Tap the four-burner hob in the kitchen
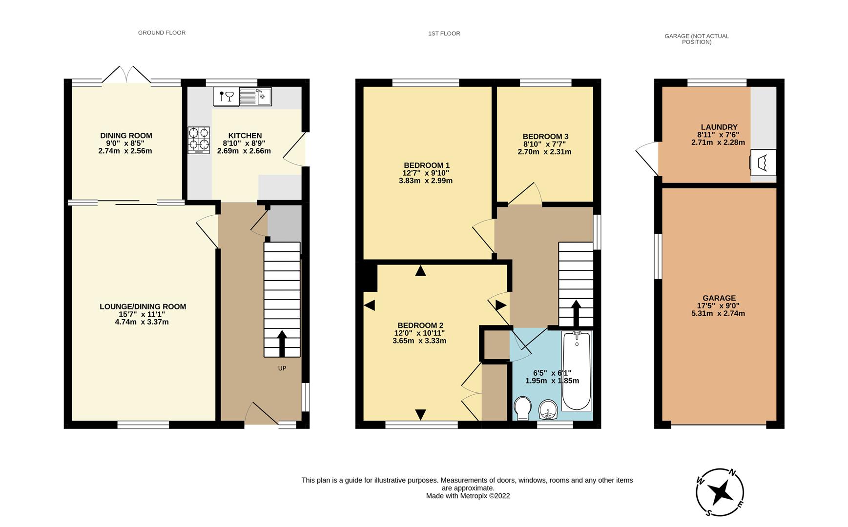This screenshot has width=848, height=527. tap(199, 141)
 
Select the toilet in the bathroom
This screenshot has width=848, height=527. tap(522, 408)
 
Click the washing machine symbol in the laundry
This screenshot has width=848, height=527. tap(763, 162)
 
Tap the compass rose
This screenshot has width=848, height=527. tap(720, 492)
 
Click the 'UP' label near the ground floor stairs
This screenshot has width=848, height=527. tap(282, 368)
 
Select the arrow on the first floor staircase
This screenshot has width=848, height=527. tap(576, 313)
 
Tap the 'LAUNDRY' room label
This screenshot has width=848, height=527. tap(719, 127)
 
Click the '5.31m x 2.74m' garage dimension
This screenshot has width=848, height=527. tap(718, 314)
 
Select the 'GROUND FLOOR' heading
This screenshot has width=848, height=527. tap(162, 33)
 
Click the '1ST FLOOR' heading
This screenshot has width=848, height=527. tap(444, 34)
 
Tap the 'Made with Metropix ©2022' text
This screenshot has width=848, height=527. tap(468, 496)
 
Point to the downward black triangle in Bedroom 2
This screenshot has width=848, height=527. tap(420, 415)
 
